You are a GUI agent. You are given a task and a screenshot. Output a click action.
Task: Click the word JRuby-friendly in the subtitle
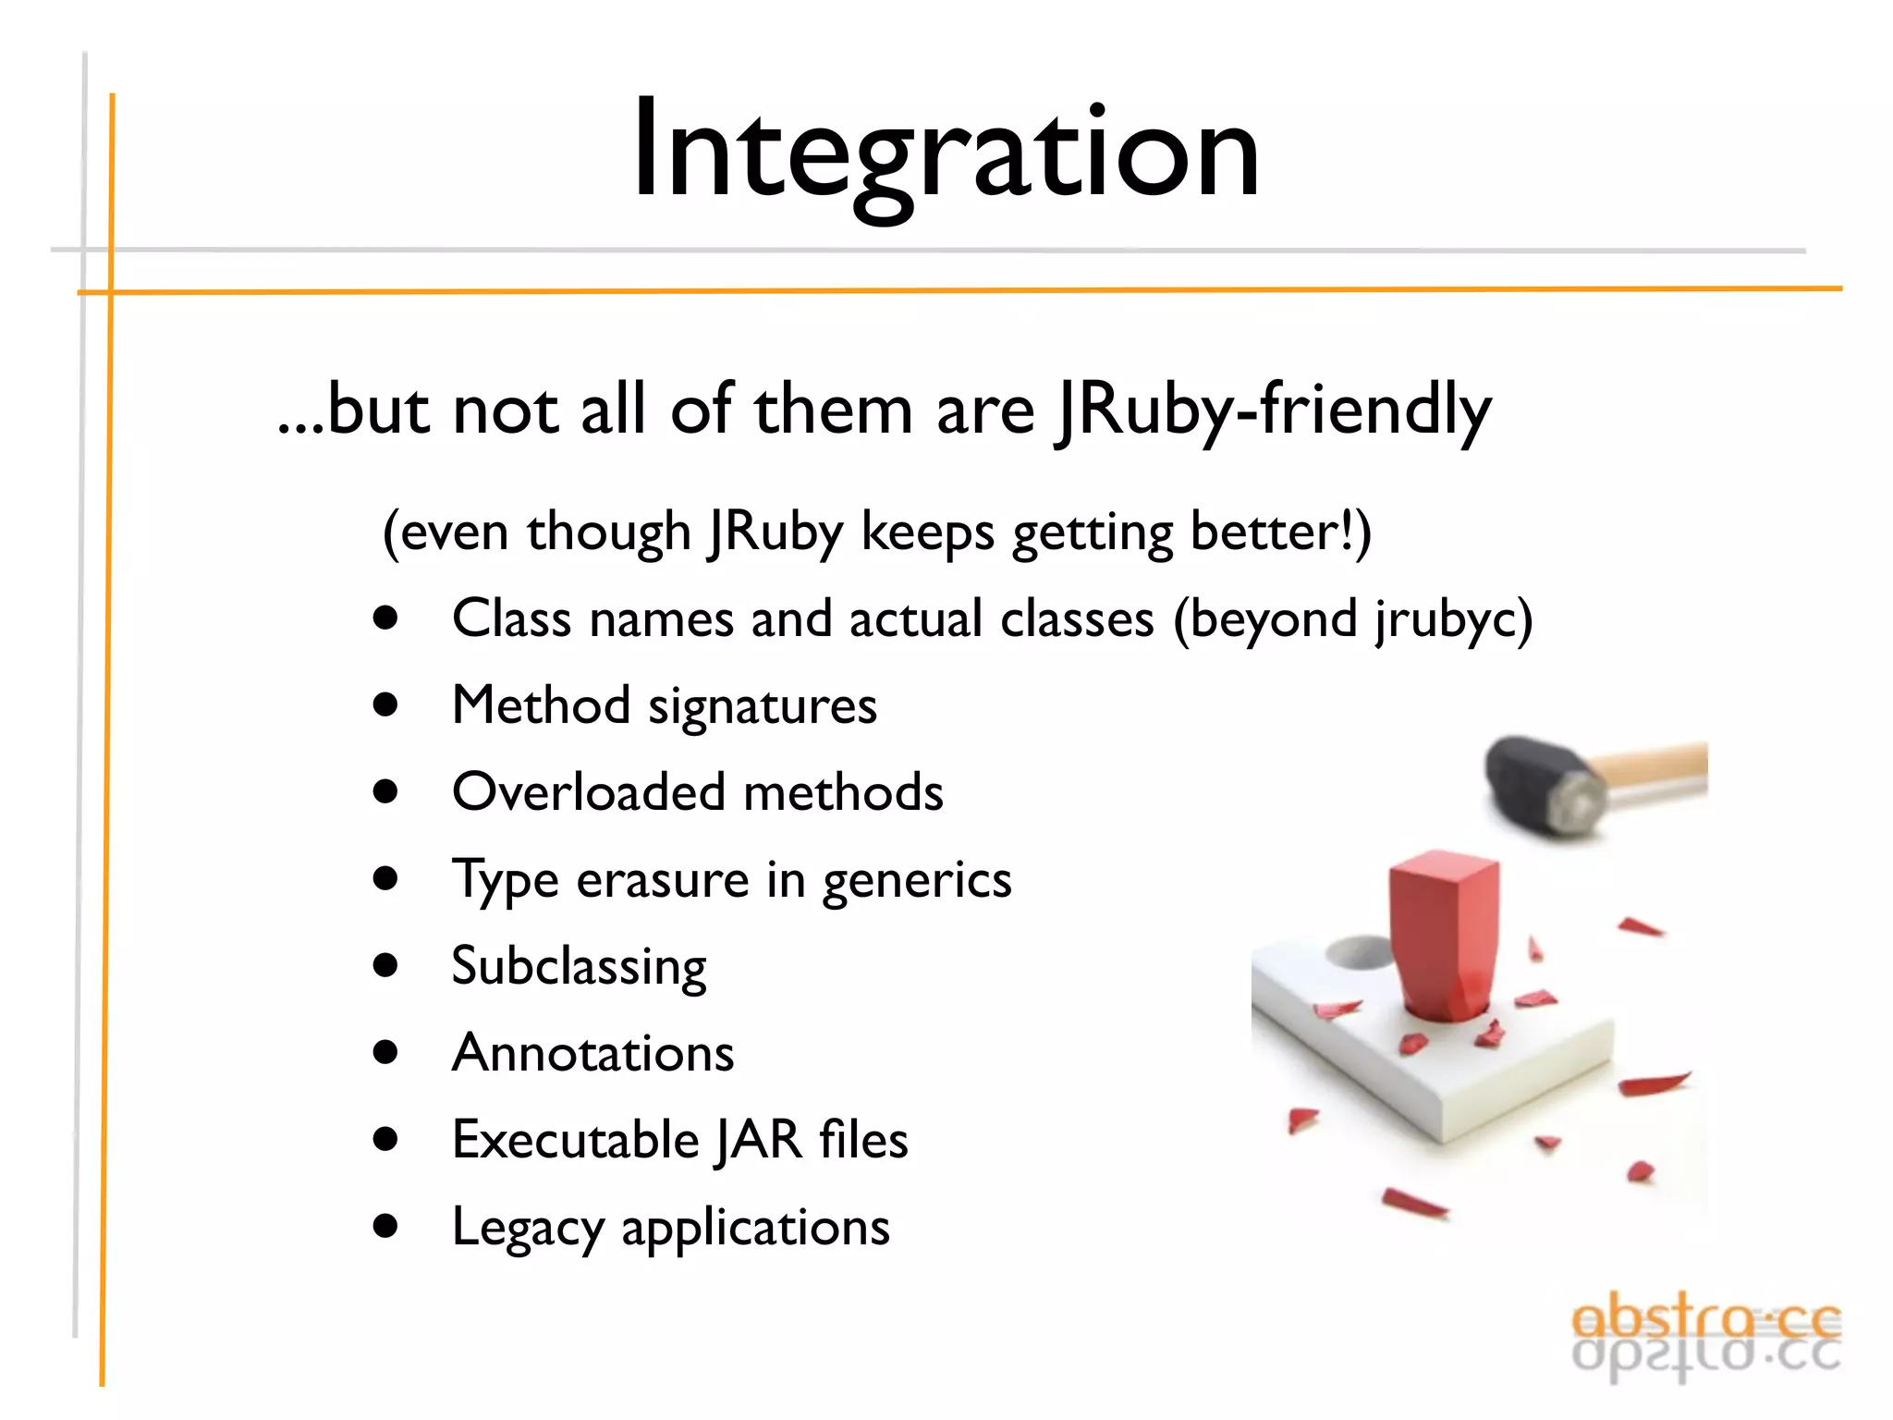[x=1274, y=410]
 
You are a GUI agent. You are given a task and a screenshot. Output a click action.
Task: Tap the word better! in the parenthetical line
[x=1279, y=532]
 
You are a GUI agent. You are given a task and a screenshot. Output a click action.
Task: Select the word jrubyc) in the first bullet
[x=1453, y=619]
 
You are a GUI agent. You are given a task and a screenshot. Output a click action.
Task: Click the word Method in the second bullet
[x=541, y=706]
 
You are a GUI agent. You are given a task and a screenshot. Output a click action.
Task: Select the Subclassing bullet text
[x=579, y=967]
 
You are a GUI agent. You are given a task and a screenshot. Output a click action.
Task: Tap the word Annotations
[x=592, y=1054]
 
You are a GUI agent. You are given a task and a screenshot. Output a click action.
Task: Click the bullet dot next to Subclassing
[x=385, y=966]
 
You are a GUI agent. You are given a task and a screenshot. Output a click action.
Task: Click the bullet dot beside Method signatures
[x=385, y=705]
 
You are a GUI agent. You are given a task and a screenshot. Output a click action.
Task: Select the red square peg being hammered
[x=1444, y=934]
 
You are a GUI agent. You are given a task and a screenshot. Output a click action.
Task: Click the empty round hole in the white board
[x=1361, y=952]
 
